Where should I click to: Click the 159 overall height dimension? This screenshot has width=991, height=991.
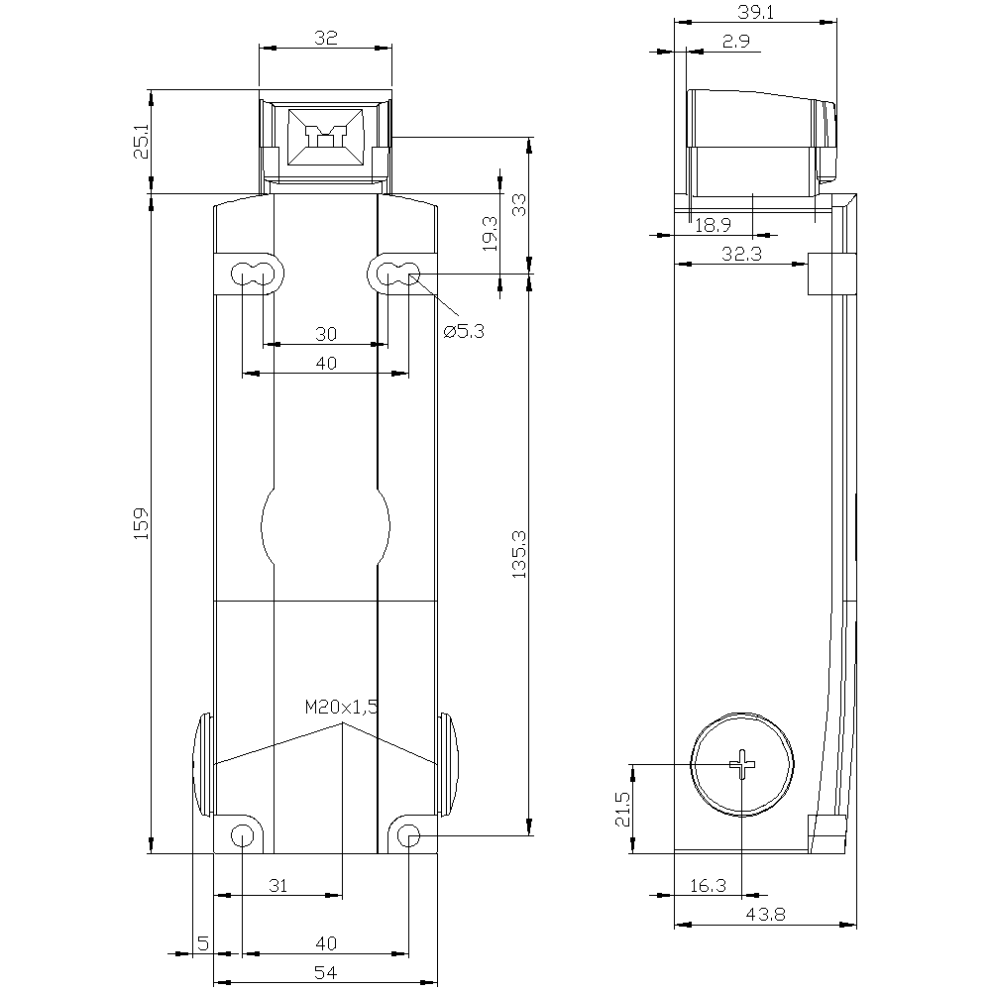141,523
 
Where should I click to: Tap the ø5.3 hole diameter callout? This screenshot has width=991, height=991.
463,332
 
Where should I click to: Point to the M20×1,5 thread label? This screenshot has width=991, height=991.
342,707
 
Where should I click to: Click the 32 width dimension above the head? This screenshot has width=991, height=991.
326,39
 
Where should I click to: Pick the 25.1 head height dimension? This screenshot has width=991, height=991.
141,142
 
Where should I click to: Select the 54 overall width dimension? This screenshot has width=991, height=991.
326,974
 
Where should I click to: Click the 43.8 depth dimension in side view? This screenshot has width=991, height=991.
764,917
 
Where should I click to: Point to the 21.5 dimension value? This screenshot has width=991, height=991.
621,808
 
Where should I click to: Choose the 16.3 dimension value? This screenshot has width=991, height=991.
707,886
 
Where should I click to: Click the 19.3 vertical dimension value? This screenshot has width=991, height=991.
490,235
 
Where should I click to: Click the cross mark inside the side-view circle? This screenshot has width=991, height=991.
742,764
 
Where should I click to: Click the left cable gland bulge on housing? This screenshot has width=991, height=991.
201,764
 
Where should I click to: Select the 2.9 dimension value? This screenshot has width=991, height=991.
735,42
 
